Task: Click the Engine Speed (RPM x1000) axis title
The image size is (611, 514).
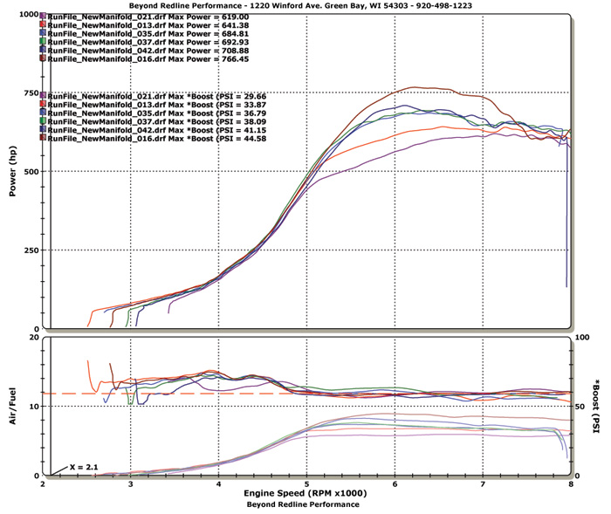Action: coord(305,493)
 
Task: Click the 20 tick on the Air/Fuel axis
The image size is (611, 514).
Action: coord(32,338)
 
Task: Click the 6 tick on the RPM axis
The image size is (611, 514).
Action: coord(395,483)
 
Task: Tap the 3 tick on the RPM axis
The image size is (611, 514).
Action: coord(131,483)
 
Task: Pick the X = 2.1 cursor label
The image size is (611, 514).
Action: coord(84,468)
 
